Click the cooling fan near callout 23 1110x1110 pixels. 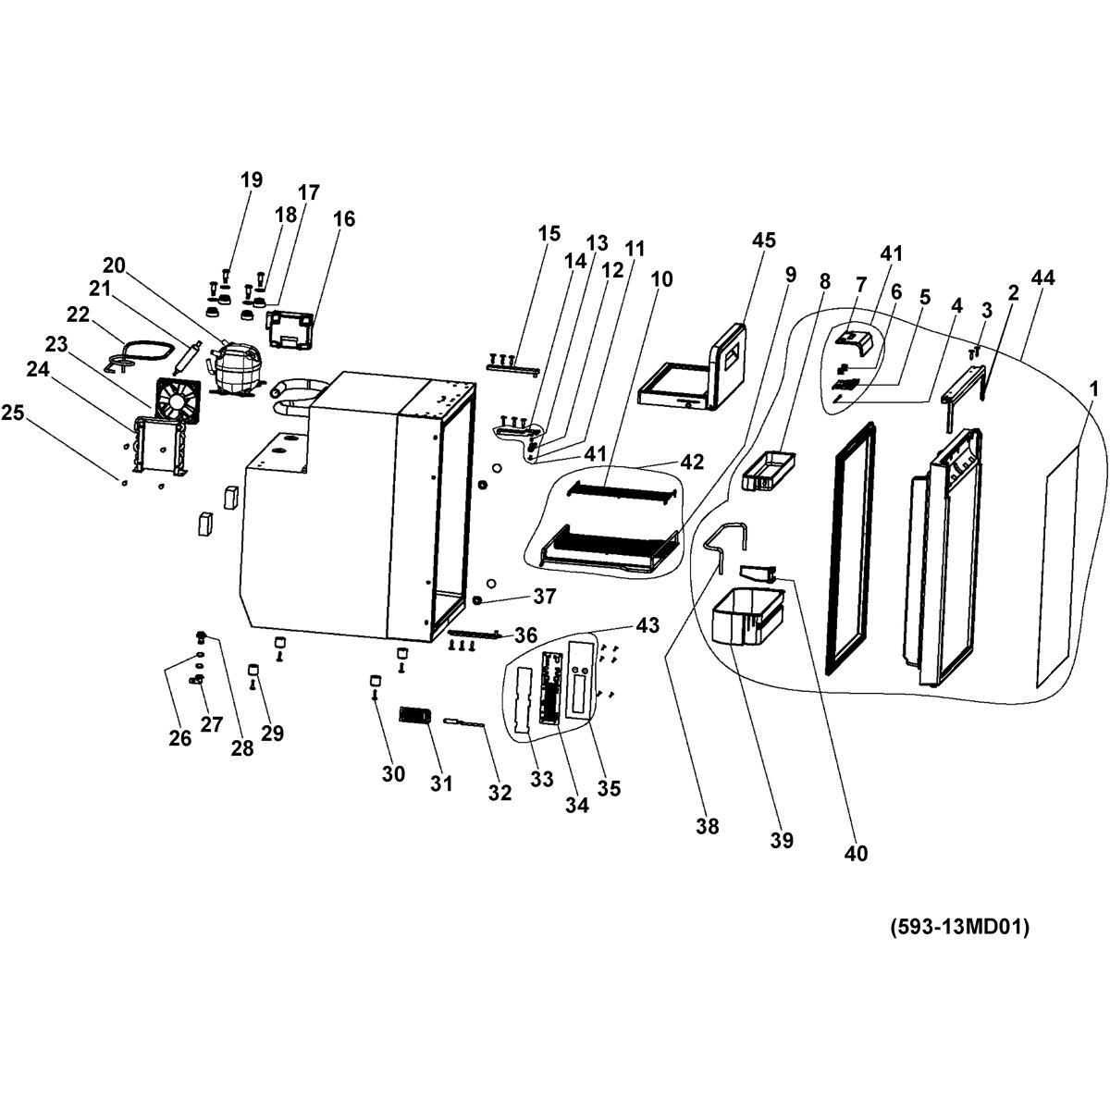(x=175, y=401)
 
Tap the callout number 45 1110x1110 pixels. (x=763, y=240)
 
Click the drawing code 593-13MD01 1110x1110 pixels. (x=959, y=927)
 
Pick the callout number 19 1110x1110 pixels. (x=252, y=179)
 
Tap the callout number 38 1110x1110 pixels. (x=708, y=826)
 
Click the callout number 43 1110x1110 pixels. (x=647, y=625)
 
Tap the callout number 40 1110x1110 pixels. (x=856, y=853)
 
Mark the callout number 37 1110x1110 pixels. (x=544, y=597)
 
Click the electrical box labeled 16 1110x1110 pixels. (x=290, y=330)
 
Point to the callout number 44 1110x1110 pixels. (x=1043, y=277)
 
